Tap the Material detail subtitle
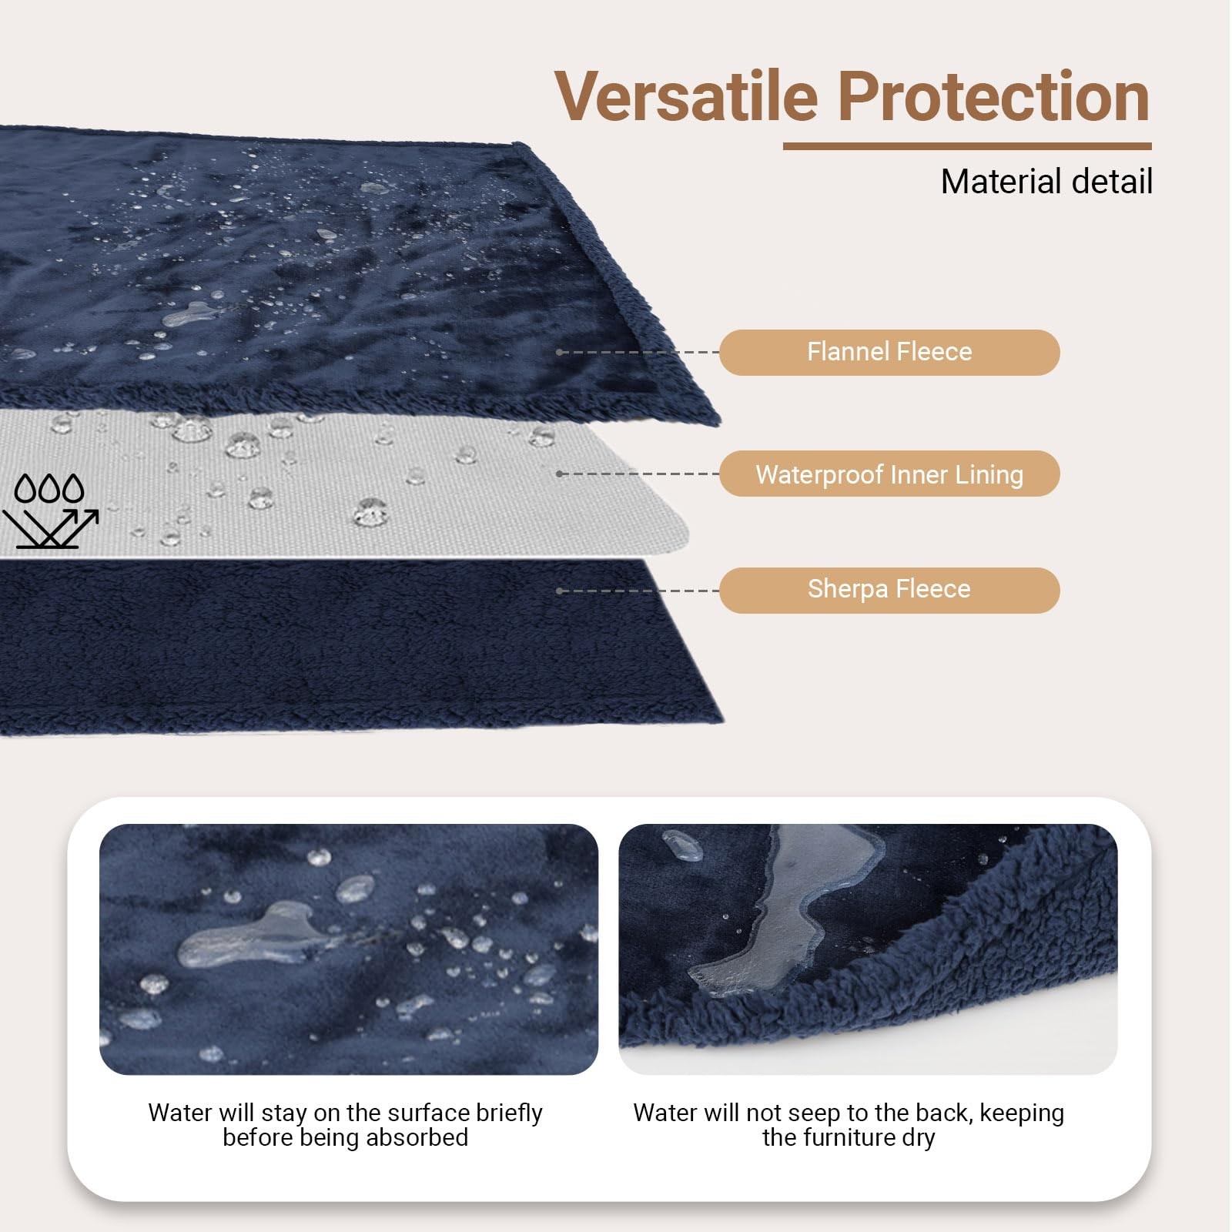click(x=1046, y=182)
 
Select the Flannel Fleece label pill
click(x=889, y=353)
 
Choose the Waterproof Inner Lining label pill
click(x=889, y=474)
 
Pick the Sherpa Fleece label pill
click(x=889, y=591)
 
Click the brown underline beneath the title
click(x=967, y=146)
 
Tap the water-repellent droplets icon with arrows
click(x=51, y=511)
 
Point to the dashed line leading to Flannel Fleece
click(x=638, y=353)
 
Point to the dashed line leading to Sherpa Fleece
click(x=638, y=591)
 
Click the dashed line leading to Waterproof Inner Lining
click(x=638, y=474)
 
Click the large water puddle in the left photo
click(x=246, y=936)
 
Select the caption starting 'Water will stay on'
click(x=345, y=1125)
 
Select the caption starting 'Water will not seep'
click(x=849, y=1125)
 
